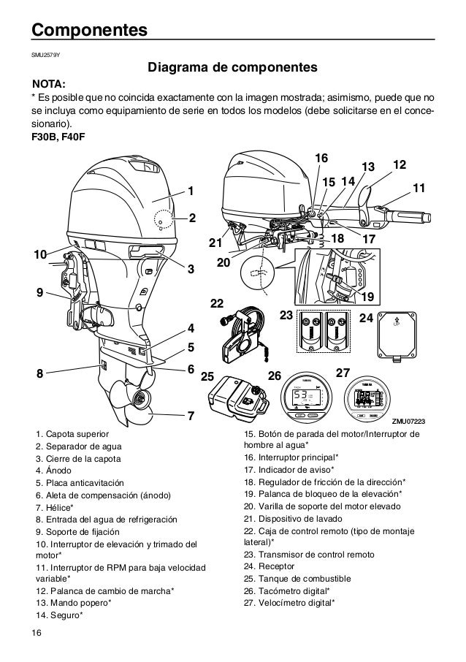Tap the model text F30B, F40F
57,139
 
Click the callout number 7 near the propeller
191,416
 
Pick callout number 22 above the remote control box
217,301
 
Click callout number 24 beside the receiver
367,318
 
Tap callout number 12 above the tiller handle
399,165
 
